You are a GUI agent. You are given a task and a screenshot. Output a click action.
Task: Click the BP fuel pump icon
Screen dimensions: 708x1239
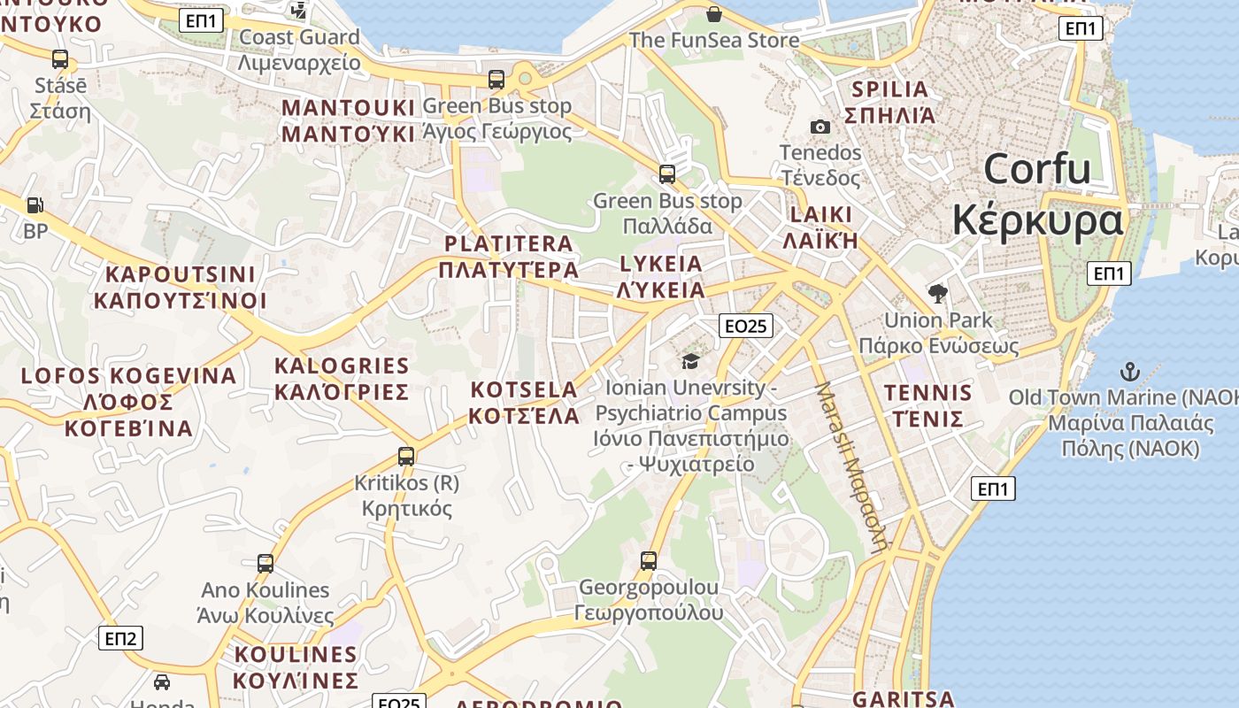35,205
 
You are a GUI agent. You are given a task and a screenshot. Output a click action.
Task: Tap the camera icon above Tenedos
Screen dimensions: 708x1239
820,127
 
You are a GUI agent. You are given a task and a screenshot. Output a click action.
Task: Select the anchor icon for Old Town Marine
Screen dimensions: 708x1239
1129,371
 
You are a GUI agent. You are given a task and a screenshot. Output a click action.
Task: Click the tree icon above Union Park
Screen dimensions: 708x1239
938,293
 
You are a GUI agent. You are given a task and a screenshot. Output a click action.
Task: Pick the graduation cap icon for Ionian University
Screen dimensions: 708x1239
690,360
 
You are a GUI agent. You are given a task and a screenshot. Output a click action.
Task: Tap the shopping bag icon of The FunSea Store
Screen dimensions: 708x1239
714,13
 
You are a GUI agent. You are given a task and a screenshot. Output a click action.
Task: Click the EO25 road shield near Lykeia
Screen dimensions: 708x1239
745,326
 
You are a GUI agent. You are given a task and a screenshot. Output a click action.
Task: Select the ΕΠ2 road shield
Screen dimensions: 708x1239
120,638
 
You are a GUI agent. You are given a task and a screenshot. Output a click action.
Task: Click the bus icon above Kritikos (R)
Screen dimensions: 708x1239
406,457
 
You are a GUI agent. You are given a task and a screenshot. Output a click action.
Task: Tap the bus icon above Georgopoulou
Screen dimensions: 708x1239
649,560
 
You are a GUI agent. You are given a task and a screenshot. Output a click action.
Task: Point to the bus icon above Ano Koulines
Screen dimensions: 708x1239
265,563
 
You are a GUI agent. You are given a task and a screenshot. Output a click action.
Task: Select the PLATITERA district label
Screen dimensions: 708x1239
509,244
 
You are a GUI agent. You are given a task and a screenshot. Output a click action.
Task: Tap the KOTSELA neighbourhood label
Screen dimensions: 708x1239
524,390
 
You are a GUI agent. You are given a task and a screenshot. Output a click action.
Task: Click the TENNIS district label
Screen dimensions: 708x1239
927,393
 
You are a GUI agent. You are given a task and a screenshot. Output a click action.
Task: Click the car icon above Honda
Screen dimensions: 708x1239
162,681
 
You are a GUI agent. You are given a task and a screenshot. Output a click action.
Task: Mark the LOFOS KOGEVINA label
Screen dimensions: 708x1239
129,376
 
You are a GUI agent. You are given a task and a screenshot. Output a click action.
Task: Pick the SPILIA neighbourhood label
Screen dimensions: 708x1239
889,89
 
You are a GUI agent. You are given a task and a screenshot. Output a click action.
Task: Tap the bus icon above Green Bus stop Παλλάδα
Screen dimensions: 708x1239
667,173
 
